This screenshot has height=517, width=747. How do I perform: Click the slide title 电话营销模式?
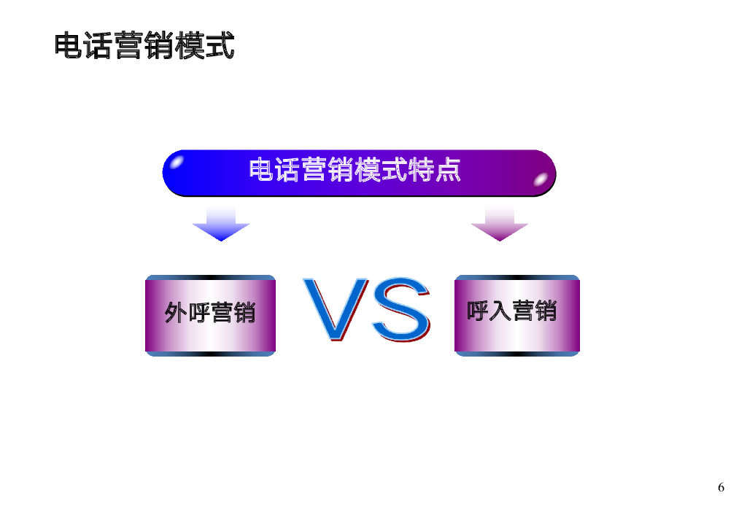click(x=144, y=46)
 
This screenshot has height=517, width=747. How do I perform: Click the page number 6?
click(x=721, y=488)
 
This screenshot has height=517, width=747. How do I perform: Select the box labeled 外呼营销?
click(x=210, y=315)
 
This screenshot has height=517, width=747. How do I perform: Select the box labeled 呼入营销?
click(x=517, y=315)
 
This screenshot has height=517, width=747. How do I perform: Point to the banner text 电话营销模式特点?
click(x=355, y=171)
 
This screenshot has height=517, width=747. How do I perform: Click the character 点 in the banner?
click(x=447, y=171)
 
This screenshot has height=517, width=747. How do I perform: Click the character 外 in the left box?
click(x=176, y=314)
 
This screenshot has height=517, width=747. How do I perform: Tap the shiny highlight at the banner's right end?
click(x=541, y=179)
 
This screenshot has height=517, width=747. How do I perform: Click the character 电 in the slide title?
click(x=69, y=46)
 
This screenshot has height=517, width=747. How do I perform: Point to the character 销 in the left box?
click(x=244, y=314)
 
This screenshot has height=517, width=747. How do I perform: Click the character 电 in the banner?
click(x=262, y=171)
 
